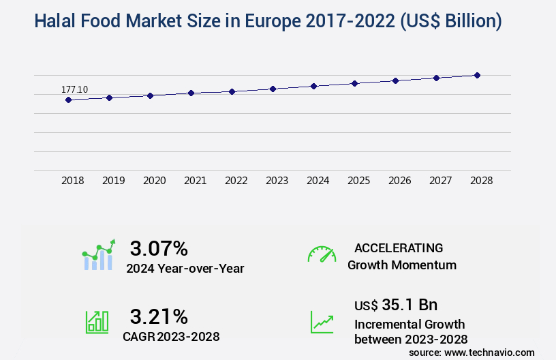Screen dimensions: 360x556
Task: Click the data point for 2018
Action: (68, 100)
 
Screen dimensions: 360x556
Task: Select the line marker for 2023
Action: (273, 89)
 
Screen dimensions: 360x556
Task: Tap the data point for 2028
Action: (477, 75)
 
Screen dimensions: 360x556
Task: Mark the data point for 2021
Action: (191, 93)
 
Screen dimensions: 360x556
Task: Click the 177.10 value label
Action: (74, 89)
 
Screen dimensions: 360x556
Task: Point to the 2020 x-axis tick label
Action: (155, 181)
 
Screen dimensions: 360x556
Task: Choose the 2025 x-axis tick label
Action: (358, 181)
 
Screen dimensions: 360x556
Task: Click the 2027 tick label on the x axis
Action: (440, 181)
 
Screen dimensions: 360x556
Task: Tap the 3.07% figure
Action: (159, 248)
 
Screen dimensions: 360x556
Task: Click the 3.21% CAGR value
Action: (159, 316)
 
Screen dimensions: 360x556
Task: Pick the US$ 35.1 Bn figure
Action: (396, 305)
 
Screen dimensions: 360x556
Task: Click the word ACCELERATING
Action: (399, 247)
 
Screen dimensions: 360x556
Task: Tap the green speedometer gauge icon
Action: (322, 254)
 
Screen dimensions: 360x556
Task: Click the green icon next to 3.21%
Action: (97, 322)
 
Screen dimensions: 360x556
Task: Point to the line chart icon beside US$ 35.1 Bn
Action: (322, 322)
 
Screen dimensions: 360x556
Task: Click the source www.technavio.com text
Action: (472, 352)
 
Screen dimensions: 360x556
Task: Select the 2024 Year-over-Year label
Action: (185, 269)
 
